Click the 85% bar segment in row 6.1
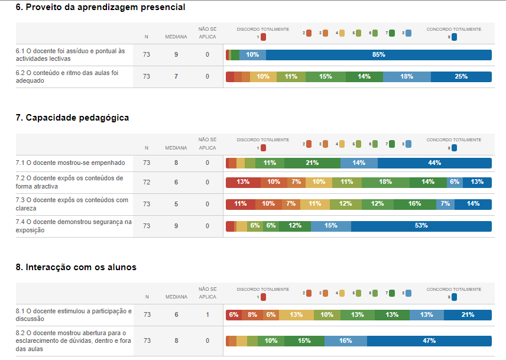[x=378, y=55]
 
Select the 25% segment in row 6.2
[x=461, y=77]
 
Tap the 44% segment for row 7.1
[x=434, y=163]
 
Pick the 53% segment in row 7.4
[x=421, y=226]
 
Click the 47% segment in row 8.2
[x=429, y=341]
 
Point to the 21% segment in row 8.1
[x=468, y=315]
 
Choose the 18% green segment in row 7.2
[x=385, y=182]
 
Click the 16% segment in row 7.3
[x=414, y=204]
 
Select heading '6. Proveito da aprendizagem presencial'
[x=100, y=8]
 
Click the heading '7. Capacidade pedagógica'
[x=72, y=118]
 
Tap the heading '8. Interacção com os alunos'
[x=76, y=267]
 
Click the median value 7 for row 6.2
[x=176, y=77]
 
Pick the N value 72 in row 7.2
[x=147, y=182]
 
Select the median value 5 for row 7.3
[x=176, y=204]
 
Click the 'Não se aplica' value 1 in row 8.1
[x=207, y=315]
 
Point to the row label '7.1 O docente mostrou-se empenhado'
[x=71, y=163]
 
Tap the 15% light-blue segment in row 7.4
[x=330, y=226]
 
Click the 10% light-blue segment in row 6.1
[x=252, y=55]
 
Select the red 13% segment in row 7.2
[x=243, y=182]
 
